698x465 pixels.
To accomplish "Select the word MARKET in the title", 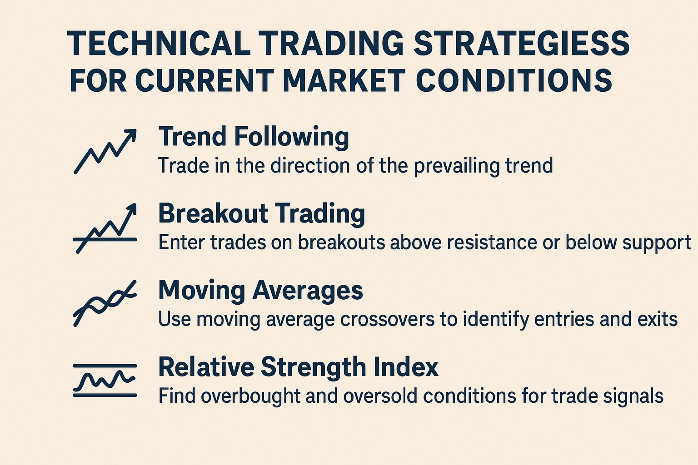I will (344, 80).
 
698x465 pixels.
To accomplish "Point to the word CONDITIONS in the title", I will (514, 80).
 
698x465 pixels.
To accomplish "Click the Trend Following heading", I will (254, 136).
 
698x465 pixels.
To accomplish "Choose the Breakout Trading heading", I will (261, 213).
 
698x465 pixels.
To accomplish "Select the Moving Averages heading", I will (260, 290).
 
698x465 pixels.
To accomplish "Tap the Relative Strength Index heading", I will (298, 367).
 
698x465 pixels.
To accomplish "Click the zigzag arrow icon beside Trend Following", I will (105, 151).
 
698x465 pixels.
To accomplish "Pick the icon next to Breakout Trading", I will (105, 228).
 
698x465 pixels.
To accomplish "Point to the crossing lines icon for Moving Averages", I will (105, 303).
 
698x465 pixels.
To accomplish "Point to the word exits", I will (658, 319).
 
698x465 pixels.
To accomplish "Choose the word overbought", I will (250, 396).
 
